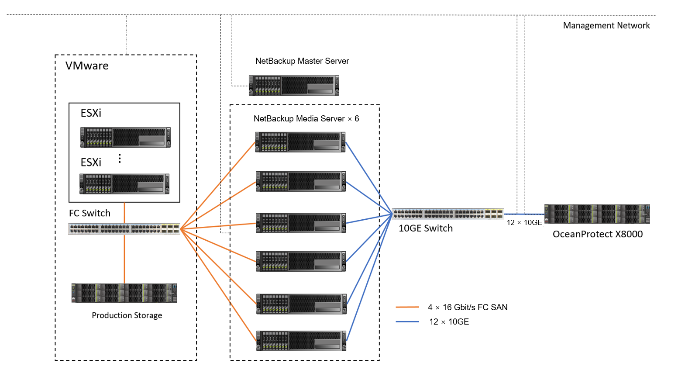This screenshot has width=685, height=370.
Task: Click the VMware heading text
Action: tap(87, 66)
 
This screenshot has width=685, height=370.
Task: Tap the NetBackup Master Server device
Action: tap(294, 85)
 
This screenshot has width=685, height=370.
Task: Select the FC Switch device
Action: tap(124, 228)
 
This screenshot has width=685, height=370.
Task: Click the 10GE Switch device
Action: tap(447, 214)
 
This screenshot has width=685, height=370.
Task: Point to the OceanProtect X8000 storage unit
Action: tap(597, 214)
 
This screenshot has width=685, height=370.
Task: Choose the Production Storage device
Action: tap(124, 293)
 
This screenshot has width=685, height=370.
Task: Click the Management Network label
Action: tap(606, 26)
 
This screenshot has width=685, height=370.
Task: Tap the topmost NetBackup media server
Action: tap(300, 142)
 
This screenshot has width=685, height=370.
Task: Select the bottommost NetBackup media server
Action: tap(301, 341)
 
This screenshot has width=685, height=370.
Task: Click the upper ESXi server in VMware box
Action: tap(125, 137)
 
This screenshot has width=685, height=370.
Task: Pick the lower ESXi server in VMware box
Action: tap(124, 183)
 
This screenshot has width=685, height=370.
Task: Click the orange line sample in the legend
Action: tap(407, 308)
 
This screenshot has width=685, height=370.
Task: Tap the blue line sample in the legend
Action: tap(407, 322)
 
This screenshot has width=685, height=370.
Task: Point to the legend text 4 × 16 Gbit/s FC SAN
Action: tap(468, 308)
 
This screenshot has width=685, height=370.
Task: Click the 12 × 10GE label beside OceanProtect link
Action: tap(524, 223)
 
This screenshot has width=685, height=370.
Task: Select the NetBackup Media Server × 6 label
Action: tap(306, 119)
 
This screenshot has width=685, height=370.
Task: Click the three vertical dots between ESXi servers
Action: tap(120, 159)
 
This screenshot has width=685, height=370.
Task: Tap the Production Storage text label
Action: tap(127, 315)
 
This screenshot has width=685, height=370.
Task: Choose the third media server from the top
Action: tap(301, 223)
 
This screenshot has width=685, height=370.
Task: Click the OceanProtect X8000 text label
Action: tap(597, 234)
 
